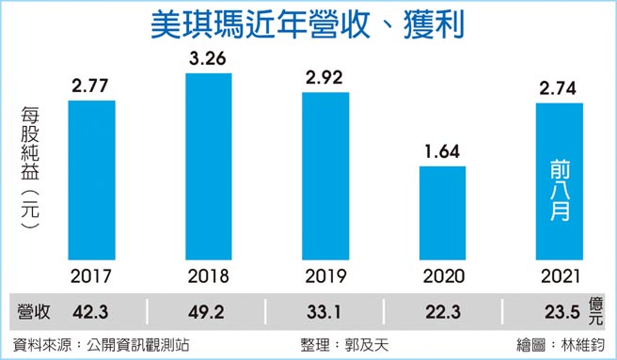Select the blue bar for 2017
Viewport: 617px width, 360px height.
92,180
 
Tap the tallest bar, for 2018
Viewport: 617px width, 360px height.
209,166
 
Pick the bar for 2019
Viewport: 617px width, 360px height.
325,176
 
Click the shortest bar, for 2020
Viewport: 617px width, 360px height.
442,213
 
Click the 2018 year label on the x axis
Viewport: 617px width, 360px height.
209,277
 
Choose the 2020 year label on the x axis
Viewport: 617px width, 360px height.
442,277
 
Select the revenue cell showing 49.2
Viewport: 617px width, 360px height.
209,311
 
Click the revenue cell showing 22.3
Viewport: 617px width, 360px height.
442,311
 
